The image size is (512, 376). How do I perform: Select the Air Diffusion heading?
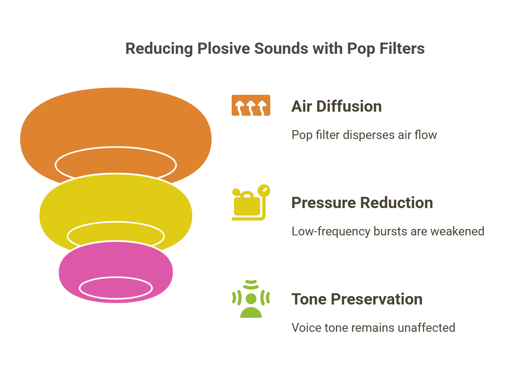(336, 106)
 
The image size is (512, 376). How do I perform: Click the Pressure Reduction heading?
(362, 203)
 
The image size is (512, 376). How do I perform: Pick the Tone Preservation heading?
(357, 299)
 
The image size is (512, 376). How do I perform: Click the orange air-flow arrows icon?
(251, 105)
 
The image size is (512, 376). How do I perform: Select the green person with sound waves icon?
(251, 299)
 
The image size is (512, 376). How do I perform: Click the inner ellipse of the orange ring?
(116, 164)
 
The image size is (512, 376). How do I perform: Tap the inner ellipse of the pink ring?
(116, 288)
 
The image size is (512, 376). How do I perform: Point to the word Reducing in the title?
(159, 49)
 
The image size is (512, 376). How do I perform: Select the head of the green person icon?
(251, 298)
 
